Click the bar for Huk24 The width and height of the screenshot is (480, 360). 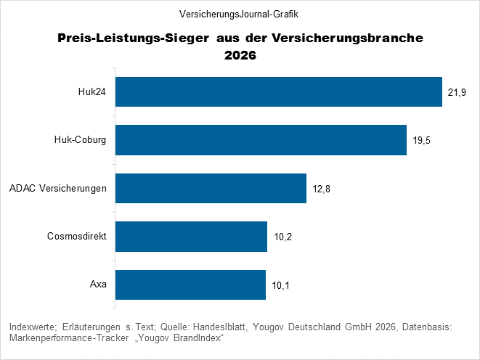coord(279,91)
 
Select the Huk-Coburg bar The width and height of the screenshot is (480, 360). coord(261,140)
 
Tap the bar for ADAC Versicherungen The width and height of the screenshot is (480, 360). coord(211,188)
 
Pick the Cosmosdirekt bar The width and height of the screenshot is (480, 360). coord(191,237)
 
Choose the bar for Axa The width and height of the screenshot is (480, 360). coord(190,285)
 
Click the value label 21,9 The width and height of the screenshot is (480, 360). coord(457,92)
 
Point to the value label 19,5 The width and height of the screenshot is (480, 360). coord(422,141)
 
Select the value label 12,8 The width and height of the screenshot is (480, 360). coord(322,189)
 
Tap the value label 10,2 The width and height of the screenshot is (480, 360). coord(282,237)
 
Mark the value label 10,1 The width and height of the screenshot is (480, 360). coord(281,285)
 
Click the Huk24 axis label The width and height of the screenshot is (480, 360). coord(92,91)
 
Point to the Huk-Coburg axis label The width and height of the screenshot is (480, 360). coord(81,140)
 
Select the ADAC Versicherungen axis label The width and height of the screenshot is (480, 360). coord(58,188)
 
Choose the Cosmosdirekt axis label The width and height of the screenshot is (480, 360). coord(77,237)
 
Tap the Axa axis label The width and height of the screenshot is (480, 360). coord(98,285)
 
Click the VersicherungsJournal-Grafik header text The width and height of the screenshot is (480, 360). coord(240,14)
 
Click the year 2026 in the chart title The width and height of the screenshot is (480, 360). coord(240,54)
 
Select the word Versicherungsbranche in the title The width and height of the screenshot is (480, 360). coord(351,38)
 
